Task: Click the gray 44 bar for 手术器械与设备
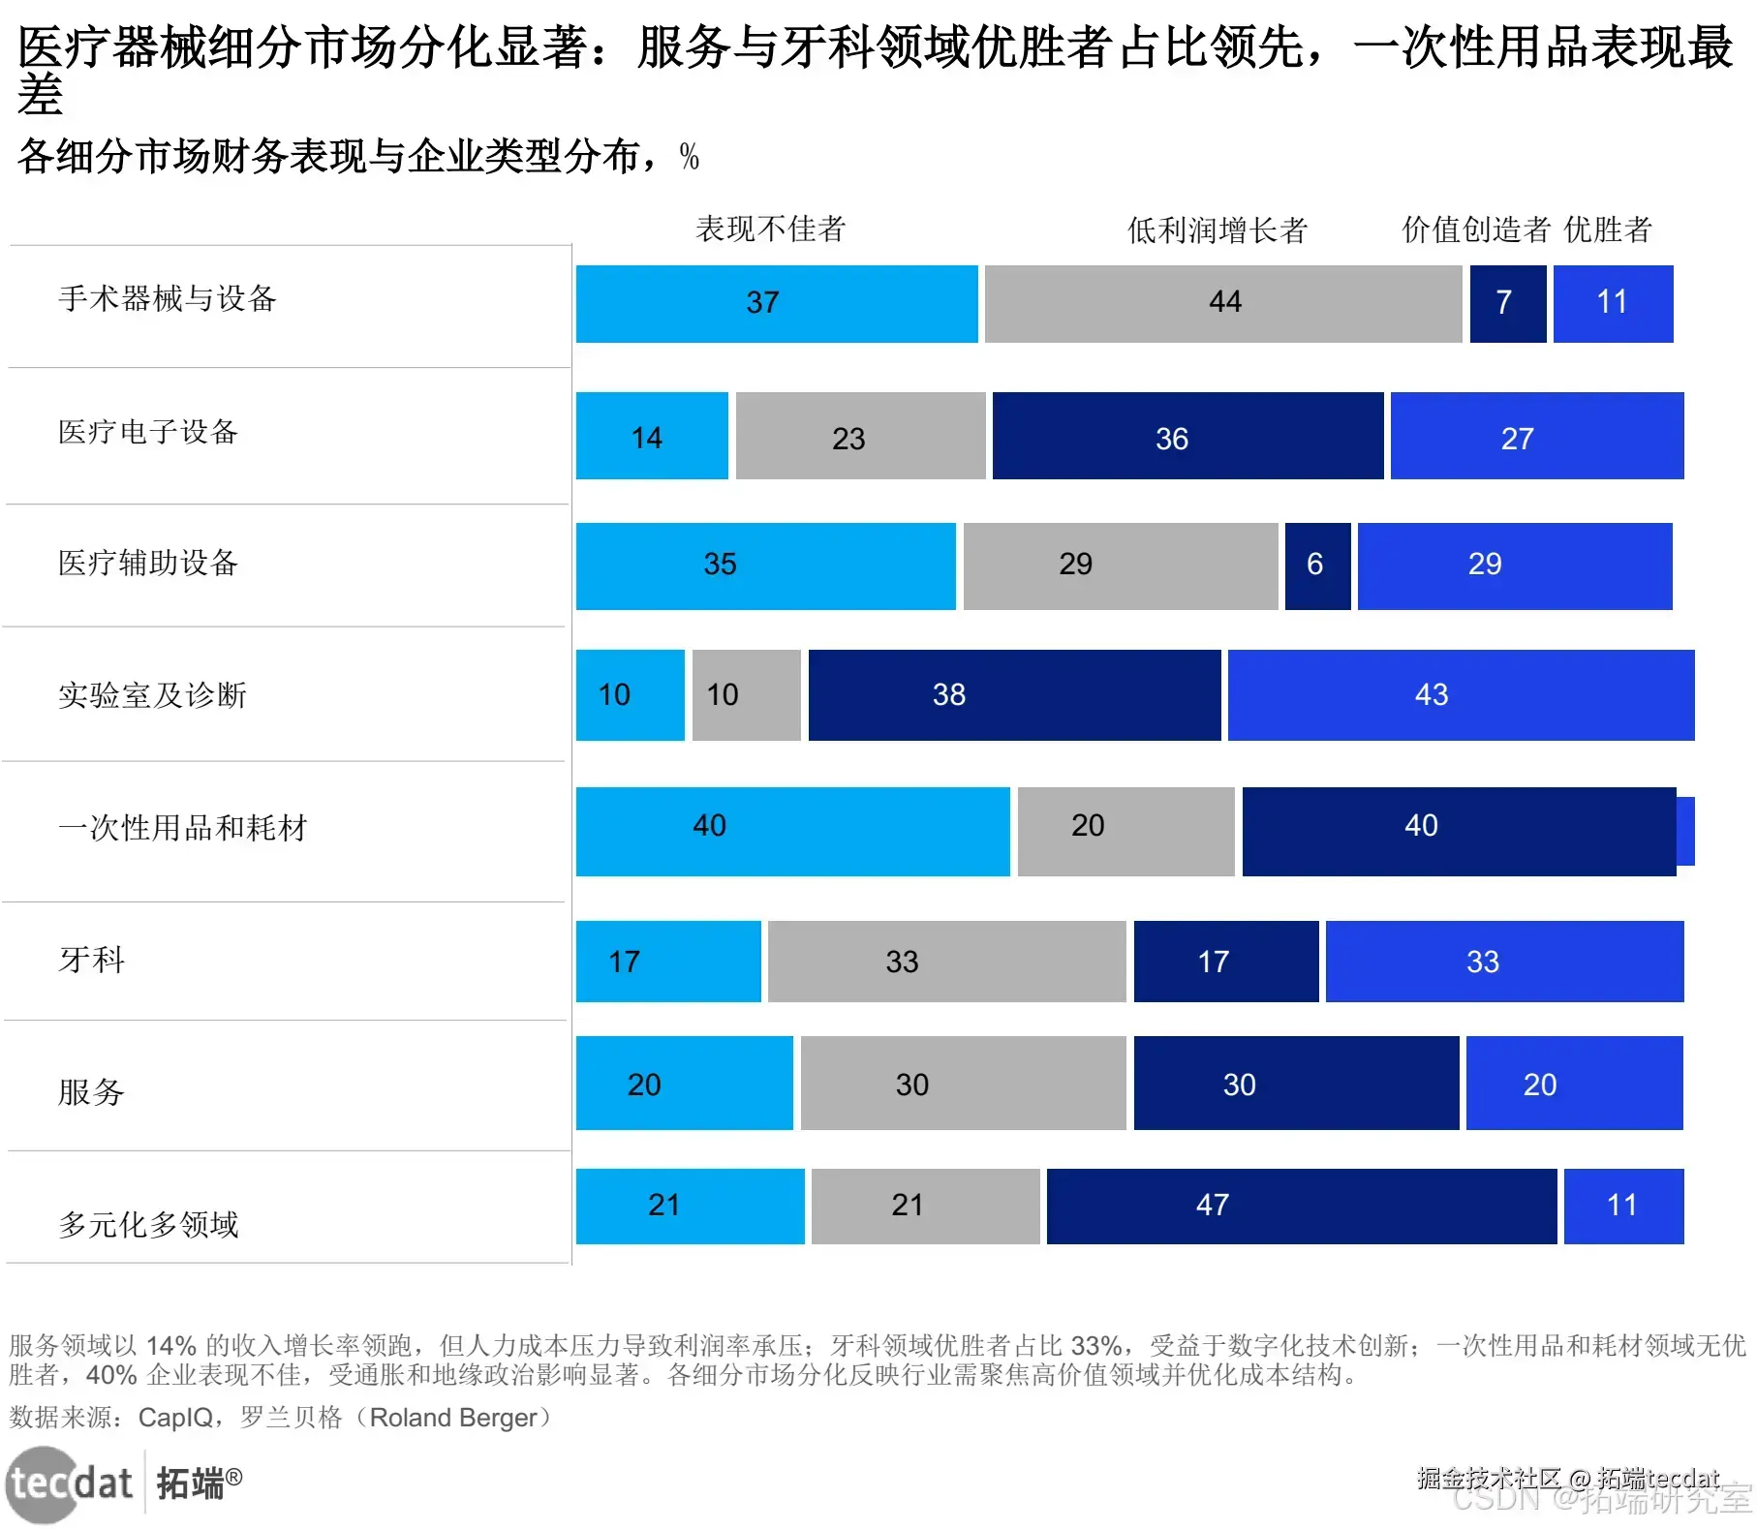tap(1222, 303)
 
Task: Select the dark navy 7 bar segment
tap(1507, 303)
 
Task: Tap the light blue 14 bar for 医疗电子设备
tap(651, 436)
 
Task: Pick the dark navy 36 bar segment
tap(1187, 436)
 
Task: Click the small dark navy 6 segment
tap(1317, 566)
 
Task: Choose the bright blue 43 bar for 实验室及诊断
tap(1461, 694)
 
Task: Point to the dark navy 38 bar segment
tap(1013, 694)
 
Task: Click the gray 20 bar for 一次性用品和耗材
tap(1125, 831)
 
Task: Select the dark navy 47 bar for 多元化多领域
tap(1301, 1206)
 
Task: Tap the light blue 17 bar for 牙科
tap(667, 961)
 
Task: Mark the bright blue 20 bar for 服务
tap(1574, 1083)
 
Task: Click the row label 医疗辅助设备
tap(148, 563)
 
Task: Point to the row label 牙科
tap(92, 960)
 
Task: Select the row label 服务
tap(92, 1091)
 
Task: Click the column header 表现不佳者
tap(771, 229)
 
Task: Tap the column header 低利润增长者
tap(1218, 229)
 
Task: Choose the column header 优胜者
tap(1608, 229)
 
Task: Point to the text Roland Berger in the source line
tap(452, 1418)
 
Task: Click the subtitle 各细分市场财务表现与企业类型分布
tap(328, 156)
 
